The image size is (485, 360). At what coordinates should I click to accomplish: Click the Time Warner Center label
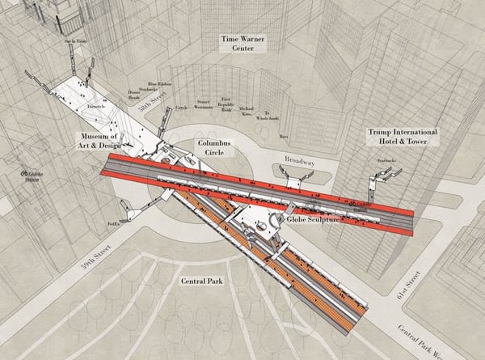click(243, 43)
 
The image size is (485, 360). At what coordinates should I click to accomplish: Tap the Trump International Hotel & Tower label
click(403, 135)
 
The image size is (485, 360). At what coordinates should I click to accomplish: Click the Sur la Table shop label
click(74, 39)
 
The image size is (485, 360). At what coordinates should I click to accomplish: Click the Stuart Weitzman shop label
click(204, 104)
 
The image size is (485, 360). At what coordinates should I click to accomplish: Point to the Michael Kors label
click(247, 110)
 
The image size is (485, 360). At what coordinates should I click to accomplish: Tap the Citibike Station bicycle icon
click(25, 173)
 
